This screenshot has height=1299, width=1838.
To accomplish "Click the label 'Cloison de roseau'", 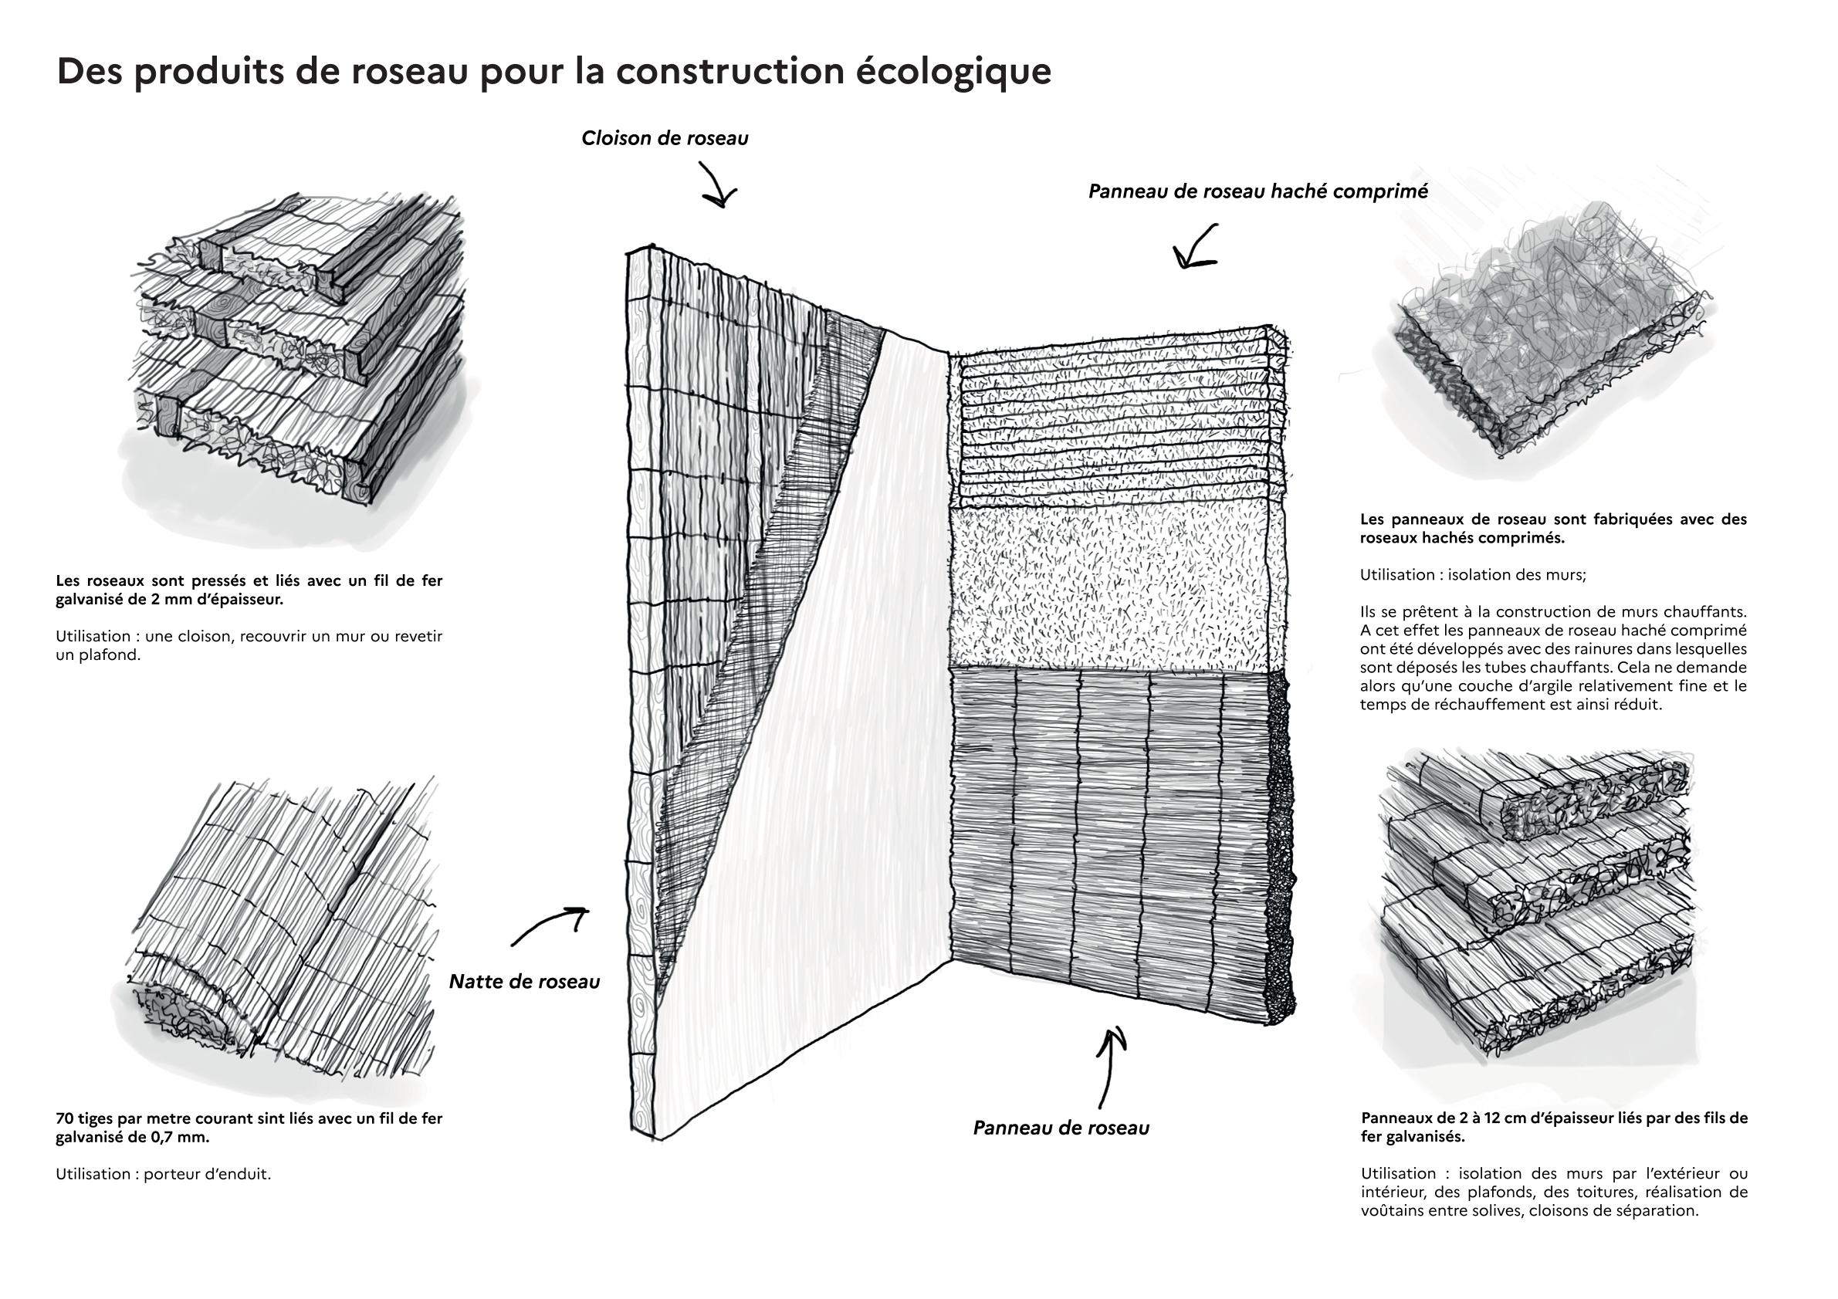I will tap(665, 138).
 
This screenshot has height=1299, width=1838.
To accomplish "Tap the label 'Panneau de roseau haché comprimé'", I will tap(1257, 192).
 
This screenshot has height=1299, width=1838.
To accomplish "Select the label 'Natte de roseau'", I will tap(523, 982).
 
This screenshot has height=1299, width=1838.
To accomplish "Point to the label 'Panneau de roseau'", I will tap(1061, 1128).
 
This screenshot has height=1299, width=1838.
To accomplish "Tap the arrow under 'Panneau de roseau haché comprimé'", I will tap(1194, 246).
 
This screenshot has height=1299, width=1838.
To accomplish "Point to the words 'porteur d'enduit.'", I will tap(208, 1174).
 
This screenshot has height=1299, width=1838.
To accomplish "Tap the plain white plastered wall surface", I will tap(808, 720).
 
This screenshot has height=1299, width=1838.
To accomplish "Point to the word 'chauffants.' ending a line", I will tap(1706, 612).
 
